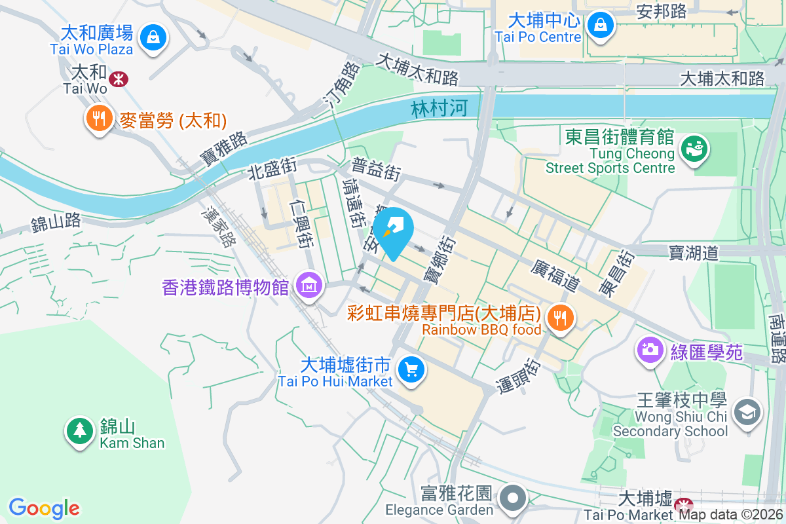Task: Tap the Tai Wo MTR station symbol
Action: tap(119, 79)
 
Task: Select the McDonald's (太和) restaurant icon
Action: tap(99, 119)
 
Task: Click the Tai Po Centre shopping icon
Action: tap(599, 26)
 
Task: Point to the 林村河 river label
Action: tap(440, 108)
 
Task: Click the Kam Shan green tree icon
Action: tap(80, 430)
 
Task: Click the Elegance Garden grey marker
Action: tap(514, 498)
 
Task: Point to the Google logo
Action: tap(44, 508)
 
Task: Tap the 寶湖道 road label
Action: tap(694, 252)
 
